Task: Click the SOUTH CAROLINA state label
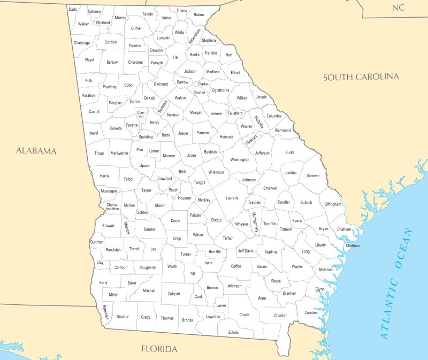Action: [361, 77]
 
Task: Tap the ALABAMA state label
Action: [36, 151]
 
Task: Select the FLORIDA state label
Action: [159, 349]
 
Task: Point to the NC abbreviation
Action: [398, 7]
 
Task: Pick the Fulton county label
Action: [135, 101]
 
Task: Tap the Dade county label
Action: [73, 10]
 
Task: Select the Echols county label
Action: [234, 332]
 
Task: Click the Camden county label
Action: [311, 312]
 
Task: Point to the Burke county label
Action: [290, 152]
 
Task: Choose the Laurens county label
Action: [232, 198]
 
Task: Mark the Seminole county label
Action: [107, 312]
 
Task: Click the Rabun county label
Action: [199, 14]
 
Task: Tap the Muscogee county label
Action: [109, 190]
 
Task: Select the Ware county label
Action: [262, 298]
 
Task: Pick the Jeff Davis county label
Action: [246, 250]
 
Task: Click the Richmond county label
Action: [282, 131]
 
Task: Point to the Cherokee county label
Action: [135, 62]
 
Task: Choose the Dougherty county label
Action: [148, 267]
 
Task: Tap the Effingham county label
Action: [333, 204]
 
